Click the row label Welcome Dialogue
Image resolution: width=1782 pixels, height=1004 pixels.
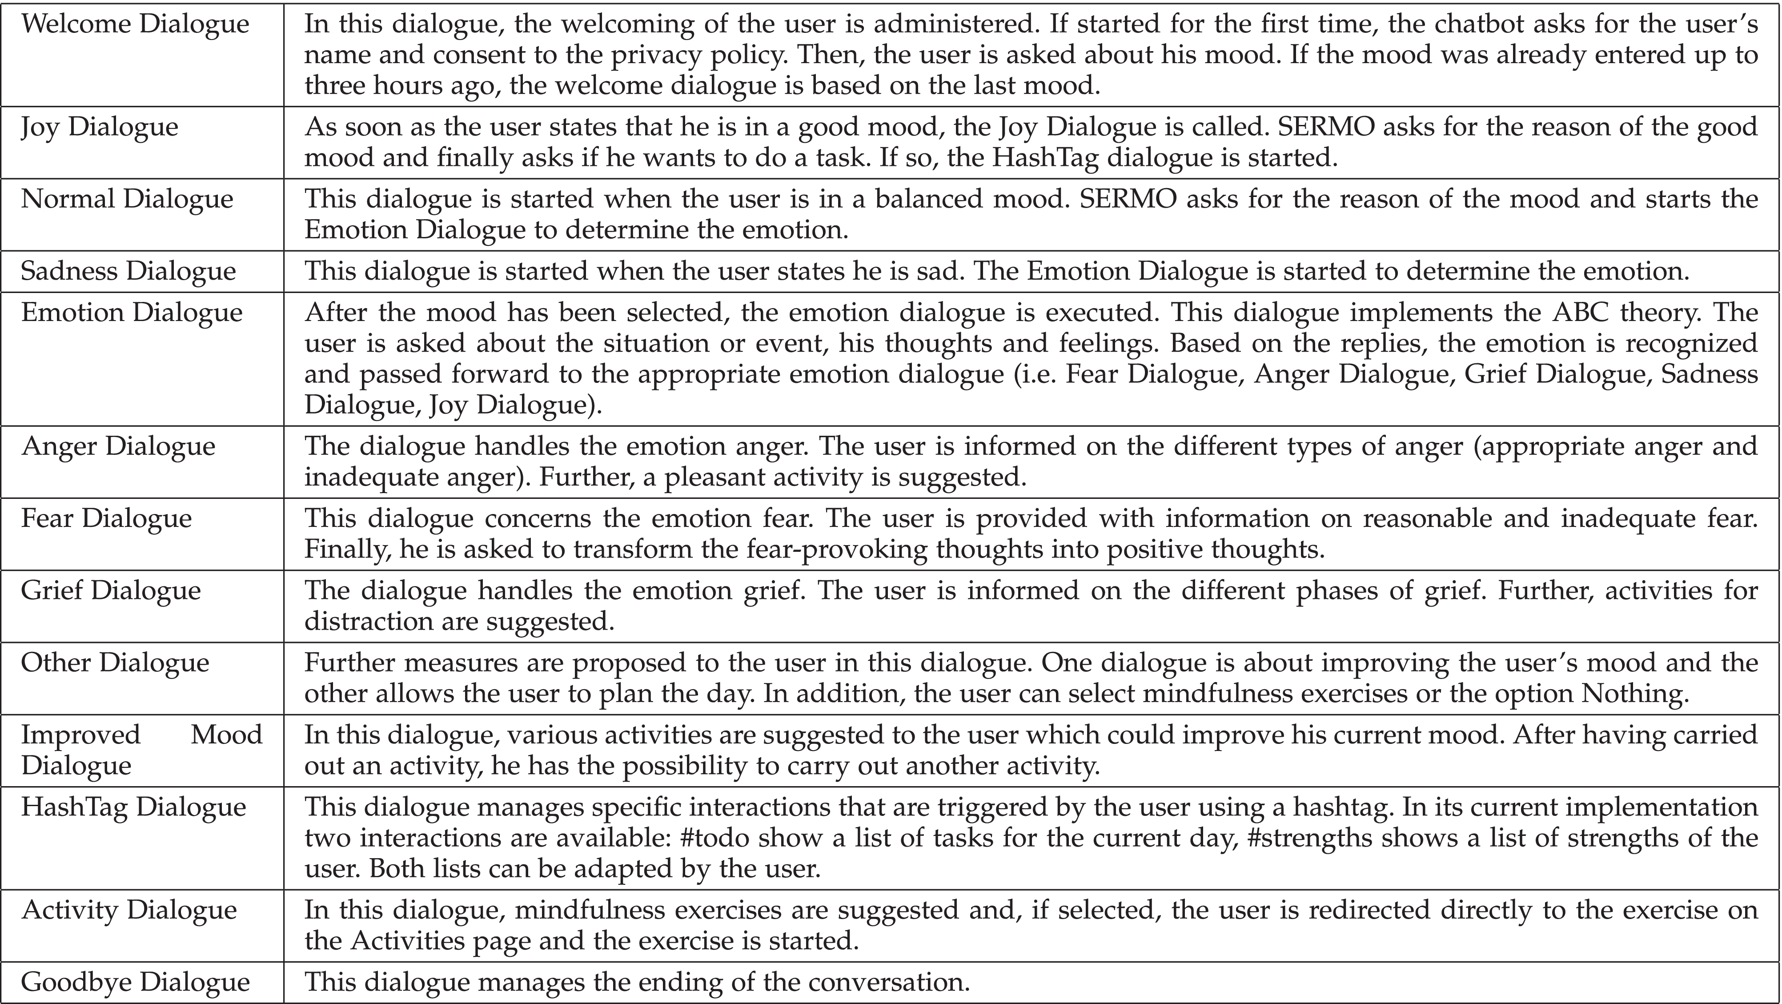(x=135, y=24)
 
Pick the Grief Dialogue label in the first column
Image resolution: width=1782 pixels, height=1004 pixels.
(x=111, y=590)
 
